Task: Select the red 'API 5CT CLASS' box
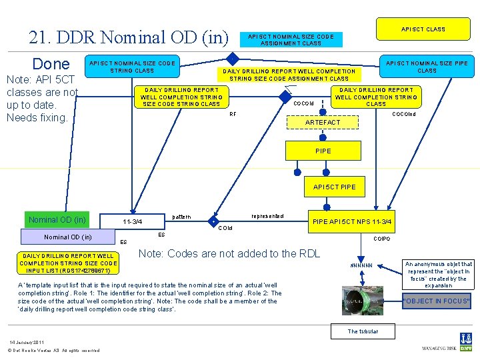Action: [x=423, y=29]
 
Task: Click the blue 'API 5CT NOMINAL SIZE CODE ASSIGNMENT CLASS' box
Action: [x=290, y=39]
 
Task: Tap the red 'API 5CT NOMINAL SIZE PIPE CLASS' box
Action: [x=427, y=67]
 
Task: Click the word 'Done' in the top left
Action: [x=51, y=64]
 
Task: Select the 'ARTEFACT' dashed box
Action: [x=322, y=123]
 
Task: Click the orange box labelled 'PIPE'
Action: [x=323, y=151]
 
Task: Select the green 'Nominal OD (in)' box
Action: [x=57, y=220]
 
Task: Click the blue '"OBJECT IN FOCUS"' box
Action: [x=437, y=301]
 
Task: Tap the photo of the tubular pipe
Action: [x=363, y=301]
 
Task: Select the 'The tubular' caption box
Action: [x=363, y=331]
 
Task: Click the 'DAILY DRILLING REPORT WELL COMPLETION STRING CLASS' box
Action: [x=376, y=97]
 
